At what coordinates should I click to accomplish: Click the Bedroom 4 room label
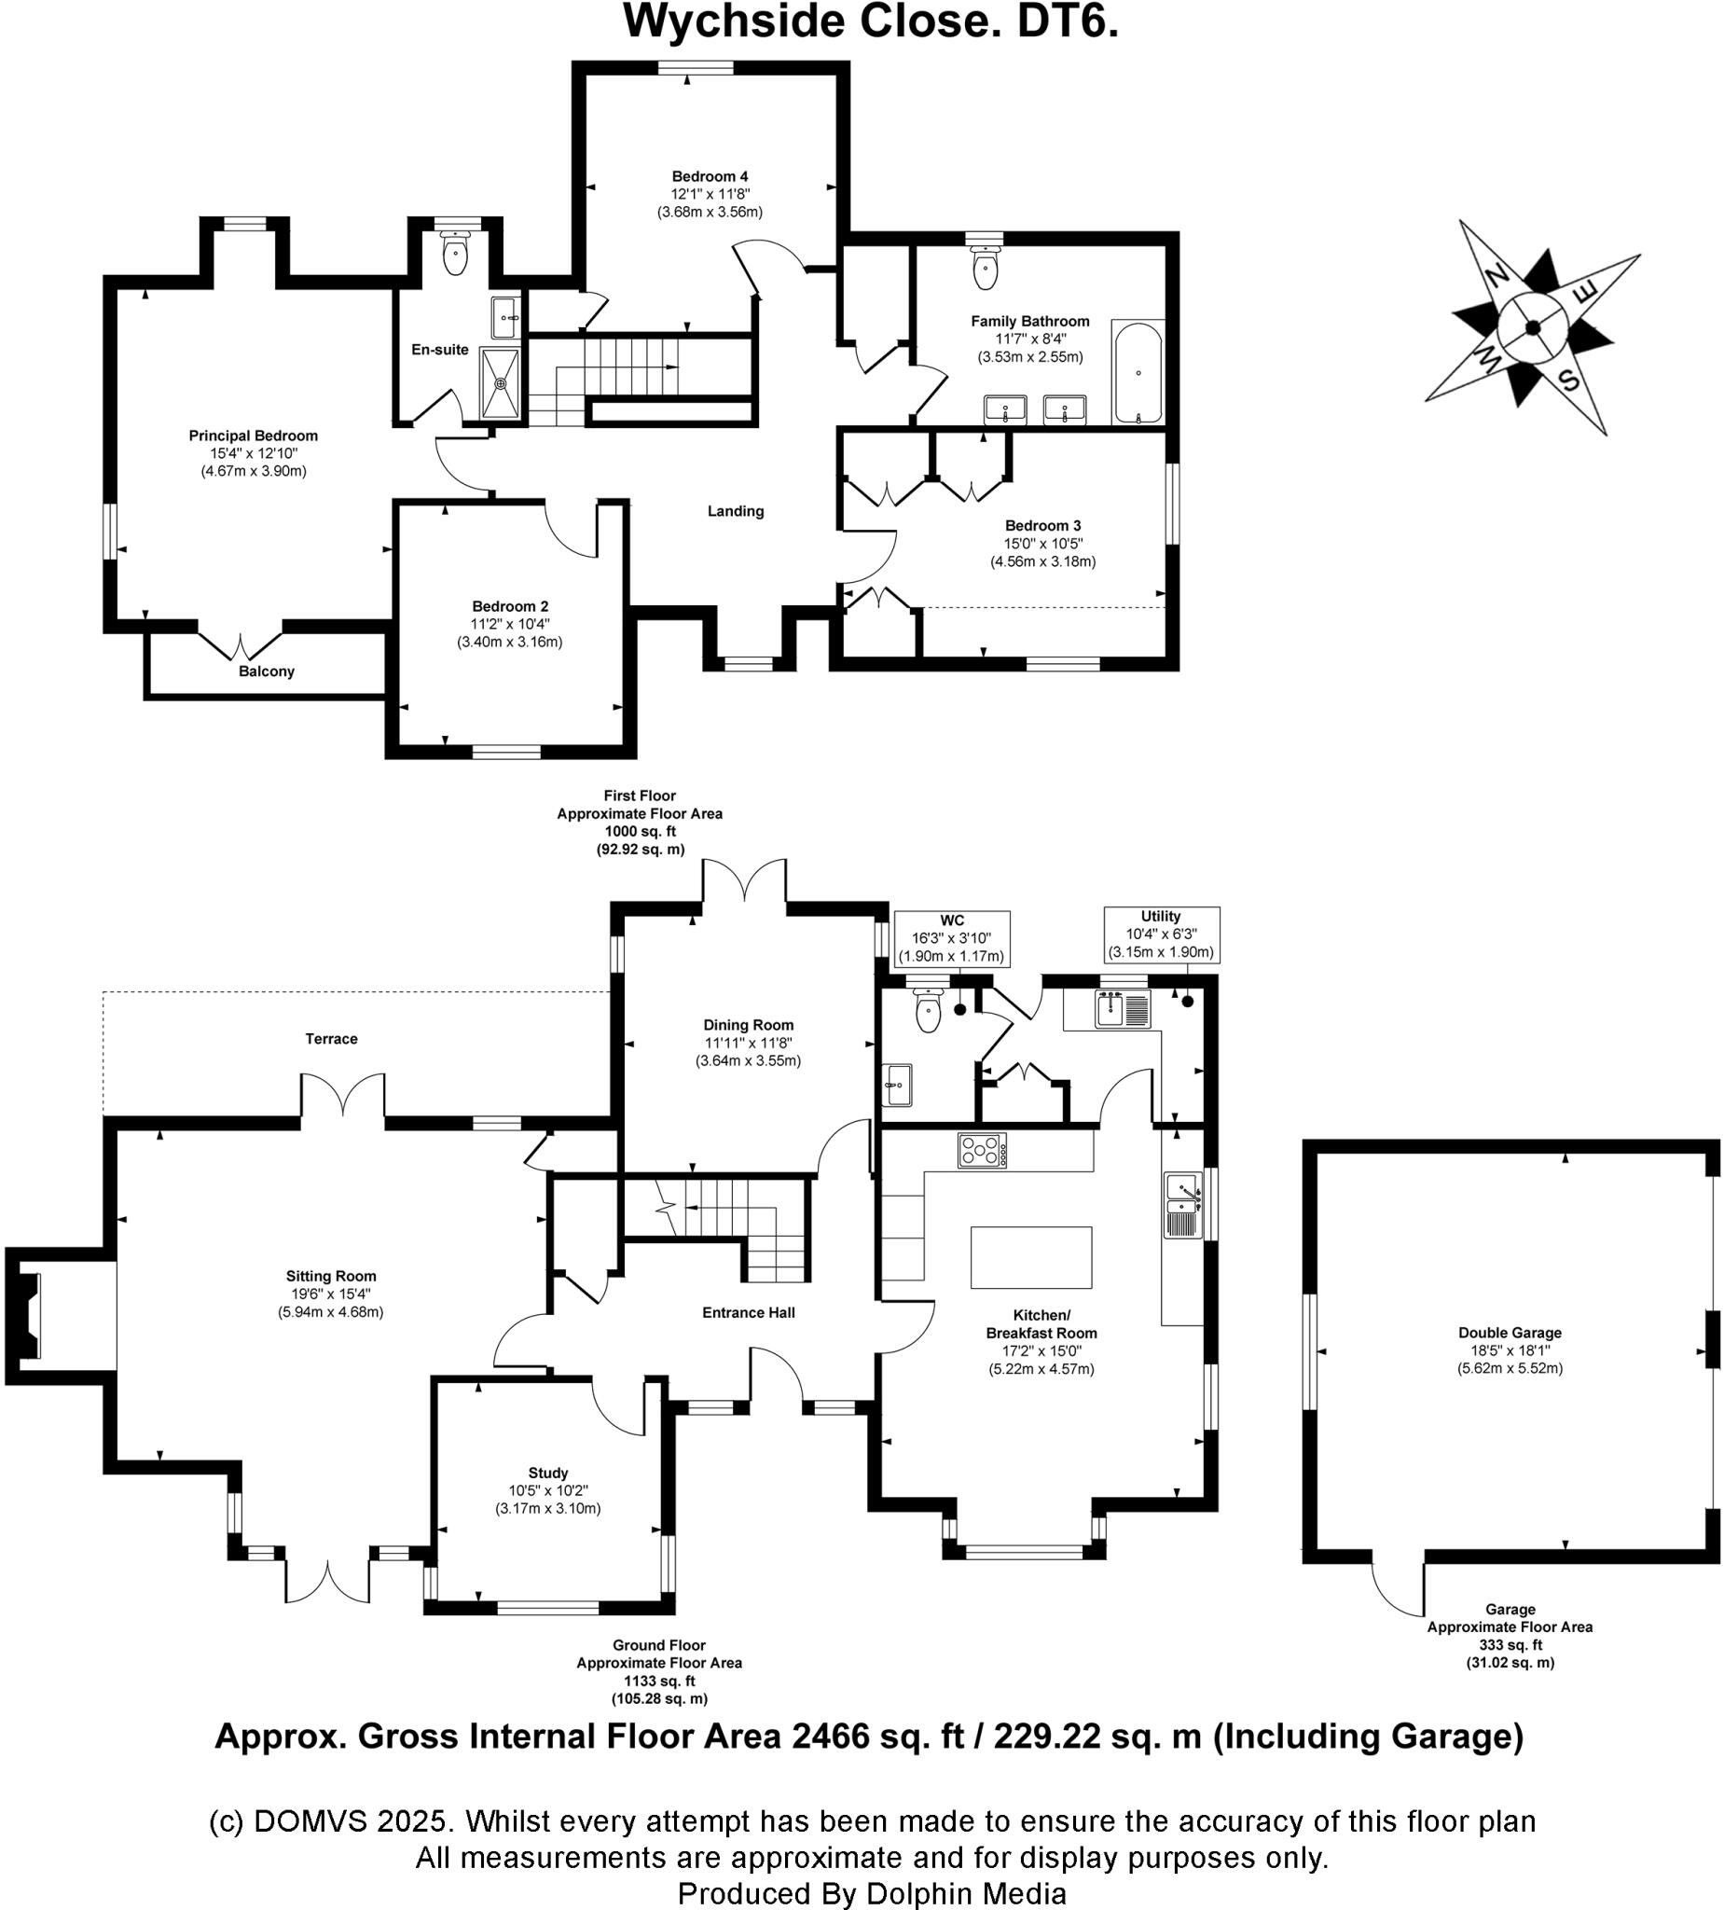pos(710,176)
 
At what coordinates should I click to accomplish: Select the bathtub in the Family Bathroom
pos(1137,372)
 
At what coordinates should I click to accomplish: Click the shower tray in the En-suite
pos(500,382)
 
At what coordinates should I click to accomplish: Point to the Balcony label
pos(266,671)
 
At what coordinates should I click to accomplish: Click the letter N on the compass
pos(1496,277)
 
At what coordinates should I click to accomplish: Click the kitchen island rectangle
pos(1030,1257)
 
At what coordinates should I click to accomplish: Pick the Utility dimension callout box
pos(1162,935)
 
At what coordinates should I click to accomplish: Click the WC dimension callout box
pos(952,939)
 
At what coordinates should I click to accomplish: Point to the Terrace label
pos(332,1039)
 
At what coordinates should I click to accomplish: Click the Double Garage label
pos(1510,1333)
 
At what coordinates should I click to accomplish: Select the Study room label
pos(547,1474)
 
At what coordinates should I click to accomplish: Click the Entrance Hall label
pos(749,1312)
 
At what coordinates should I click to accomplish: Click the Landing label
pos(735,512)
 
